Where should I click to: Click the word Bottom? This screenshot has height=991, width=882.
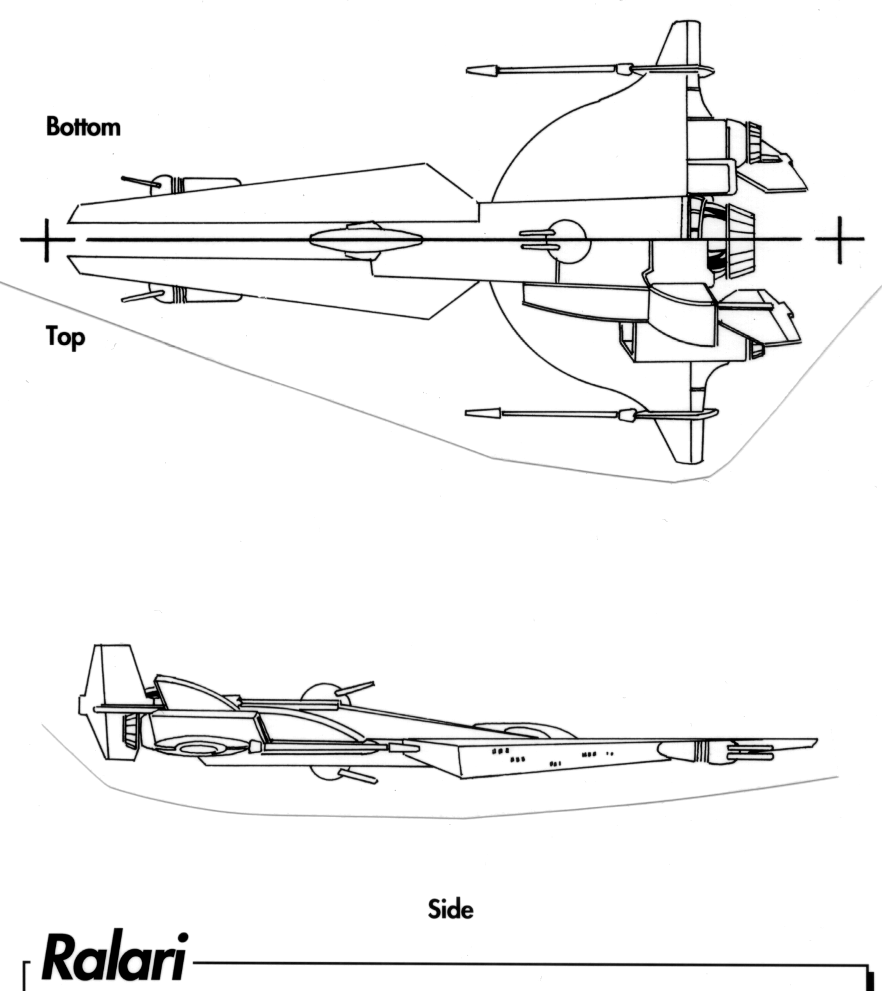point(83,127)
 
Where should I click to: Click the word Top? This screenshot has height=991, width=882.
point(65,337)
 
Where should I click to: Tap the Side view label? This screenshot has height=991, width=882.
point(451,909)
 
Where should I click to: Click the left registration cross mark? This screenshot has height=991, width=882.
point(46,239)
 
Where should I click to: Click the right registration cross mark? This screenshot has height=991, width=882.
point(840,239)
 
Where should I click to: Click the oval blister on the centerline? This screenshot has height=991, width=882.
point(365,240)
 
